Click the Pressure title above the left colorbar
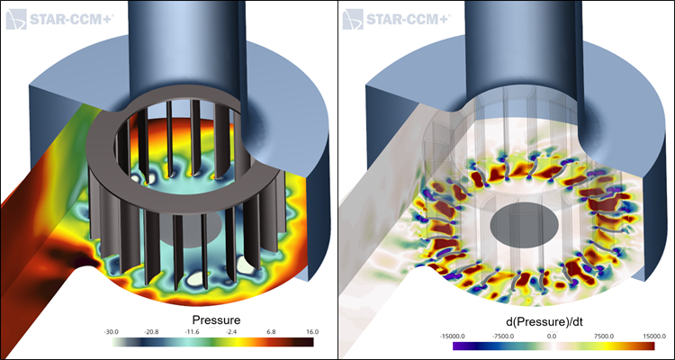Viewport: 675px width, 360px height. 216,320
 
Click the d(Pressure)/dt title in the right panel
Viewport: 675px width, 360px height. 553,321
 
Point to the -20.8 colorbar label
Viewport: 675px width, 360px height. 151,332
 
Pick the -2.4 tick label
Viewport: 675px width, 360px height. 231,332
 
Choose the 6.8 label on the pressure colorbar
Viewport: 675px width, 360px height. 272,332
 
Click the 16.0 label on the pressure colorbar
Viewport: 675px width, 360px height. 312,332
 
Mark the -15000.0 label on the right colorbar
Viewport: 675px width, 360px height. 454,336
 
